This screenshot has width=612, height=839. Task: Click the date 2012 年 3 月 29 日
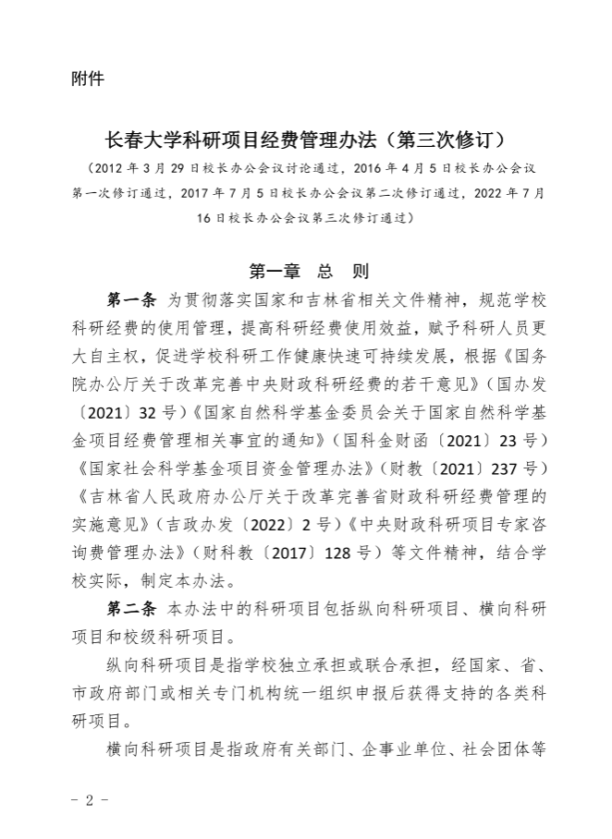tap(139, 169)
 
